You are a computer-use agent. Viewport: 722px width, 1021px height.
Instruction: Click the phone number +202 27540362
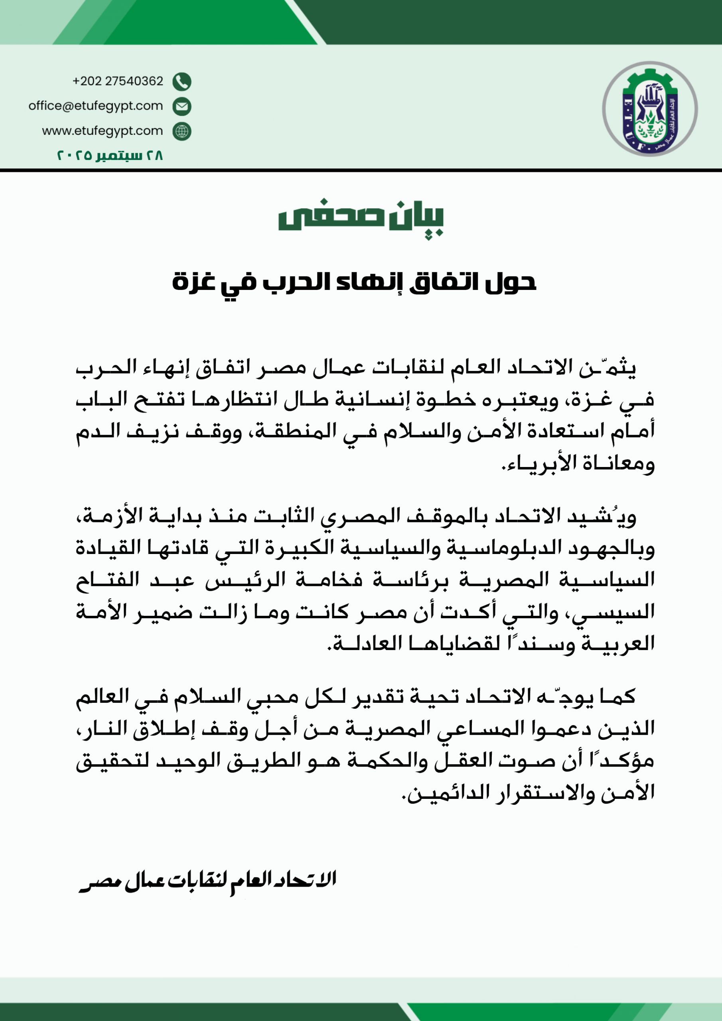tap(118, 81)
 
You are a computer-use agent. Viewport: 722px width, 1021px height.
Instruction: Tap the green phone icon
tap(181, 81)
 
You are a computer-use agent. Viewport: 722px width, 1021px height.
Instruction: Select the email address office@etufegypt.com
tap(96, 106)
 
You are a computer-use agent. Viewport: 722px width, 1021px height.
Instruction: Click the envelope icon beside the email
tap(181, 106)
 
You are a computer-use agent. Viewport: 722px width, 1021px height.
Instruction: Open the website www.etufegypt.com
tap(103, 131)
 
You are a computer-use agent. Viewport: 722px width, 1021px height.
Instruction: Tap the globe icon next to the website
tap(181, 131)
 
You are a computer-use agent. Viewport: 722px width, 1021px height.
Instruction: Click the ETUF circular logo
tap(649, 109)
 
